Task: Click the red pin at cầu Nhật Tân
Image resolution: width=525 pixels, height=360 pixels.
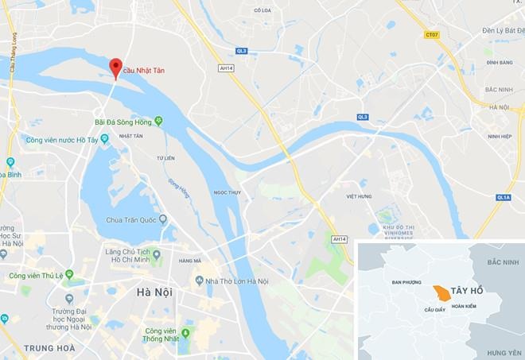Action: [x=116, y=68]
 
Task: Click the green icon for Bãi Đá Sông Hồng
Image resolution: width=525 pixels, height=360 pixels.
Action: [x=158, y=121]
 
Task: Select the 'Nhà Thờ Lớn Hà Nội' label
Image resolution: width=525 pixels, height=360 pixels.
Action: [x=235, y=281]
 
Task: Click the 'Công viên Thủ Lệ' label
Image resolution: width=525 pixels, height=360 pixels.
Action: [x=36, y=276]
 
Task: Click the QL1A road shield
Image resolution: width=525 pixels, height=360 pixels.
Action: [x=503, y=198]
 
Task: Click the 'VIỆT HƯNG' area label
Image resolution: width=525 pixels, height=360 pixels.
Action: [x=360, y=195]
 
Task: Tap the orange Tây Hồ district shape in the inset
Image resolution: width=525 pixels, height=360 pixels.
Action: [x=439, y=294]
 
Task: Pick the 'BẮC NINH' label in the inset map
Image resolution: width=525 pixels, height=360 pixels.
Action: [x=503, y=261]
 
